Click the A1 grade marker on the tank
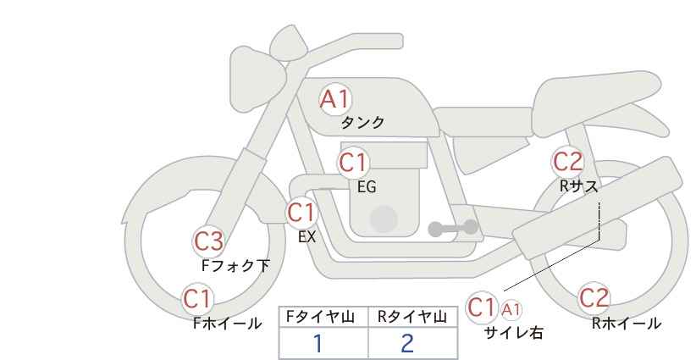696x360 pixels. click(x=335, y=99)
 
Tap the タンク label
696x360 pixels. click(x=362, y=123)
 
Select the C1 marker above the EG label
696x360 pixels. click(x=353, y=163)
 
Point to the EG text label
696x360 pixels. click(x=367, y=187)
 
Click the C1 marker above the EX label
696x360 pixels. click(x=301, y=213)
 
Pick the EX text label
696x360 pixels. click(x=307, y=237)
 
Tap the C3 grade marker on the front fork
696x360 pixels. click(x=208, y=242)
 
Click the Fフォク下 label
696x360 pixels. click(x=235, y=265)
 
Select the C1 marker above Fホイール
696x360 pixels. click(x=197, y=299)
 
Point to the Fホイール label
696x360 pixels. click(x=227, y=324)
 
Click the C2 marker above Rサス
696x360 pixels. click(x=567, y=162)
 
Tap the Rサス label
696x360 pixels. click(x=579, y=186)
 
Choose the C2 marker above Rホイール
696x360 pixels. click(x=594, y=298)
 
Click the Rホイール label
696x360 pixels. click(x=627, y=324)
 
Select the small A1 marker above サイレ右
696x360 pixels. click(x=511, y=309)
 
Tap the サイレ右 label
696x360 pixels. click(x=514, y=333)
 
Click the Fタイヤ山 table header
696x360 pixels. click(x=320, y=317)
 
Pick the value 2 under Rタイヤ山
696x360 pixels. click(x=407, y=343)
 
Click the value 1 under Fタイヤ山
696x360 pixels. click(x=318, y=343)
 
